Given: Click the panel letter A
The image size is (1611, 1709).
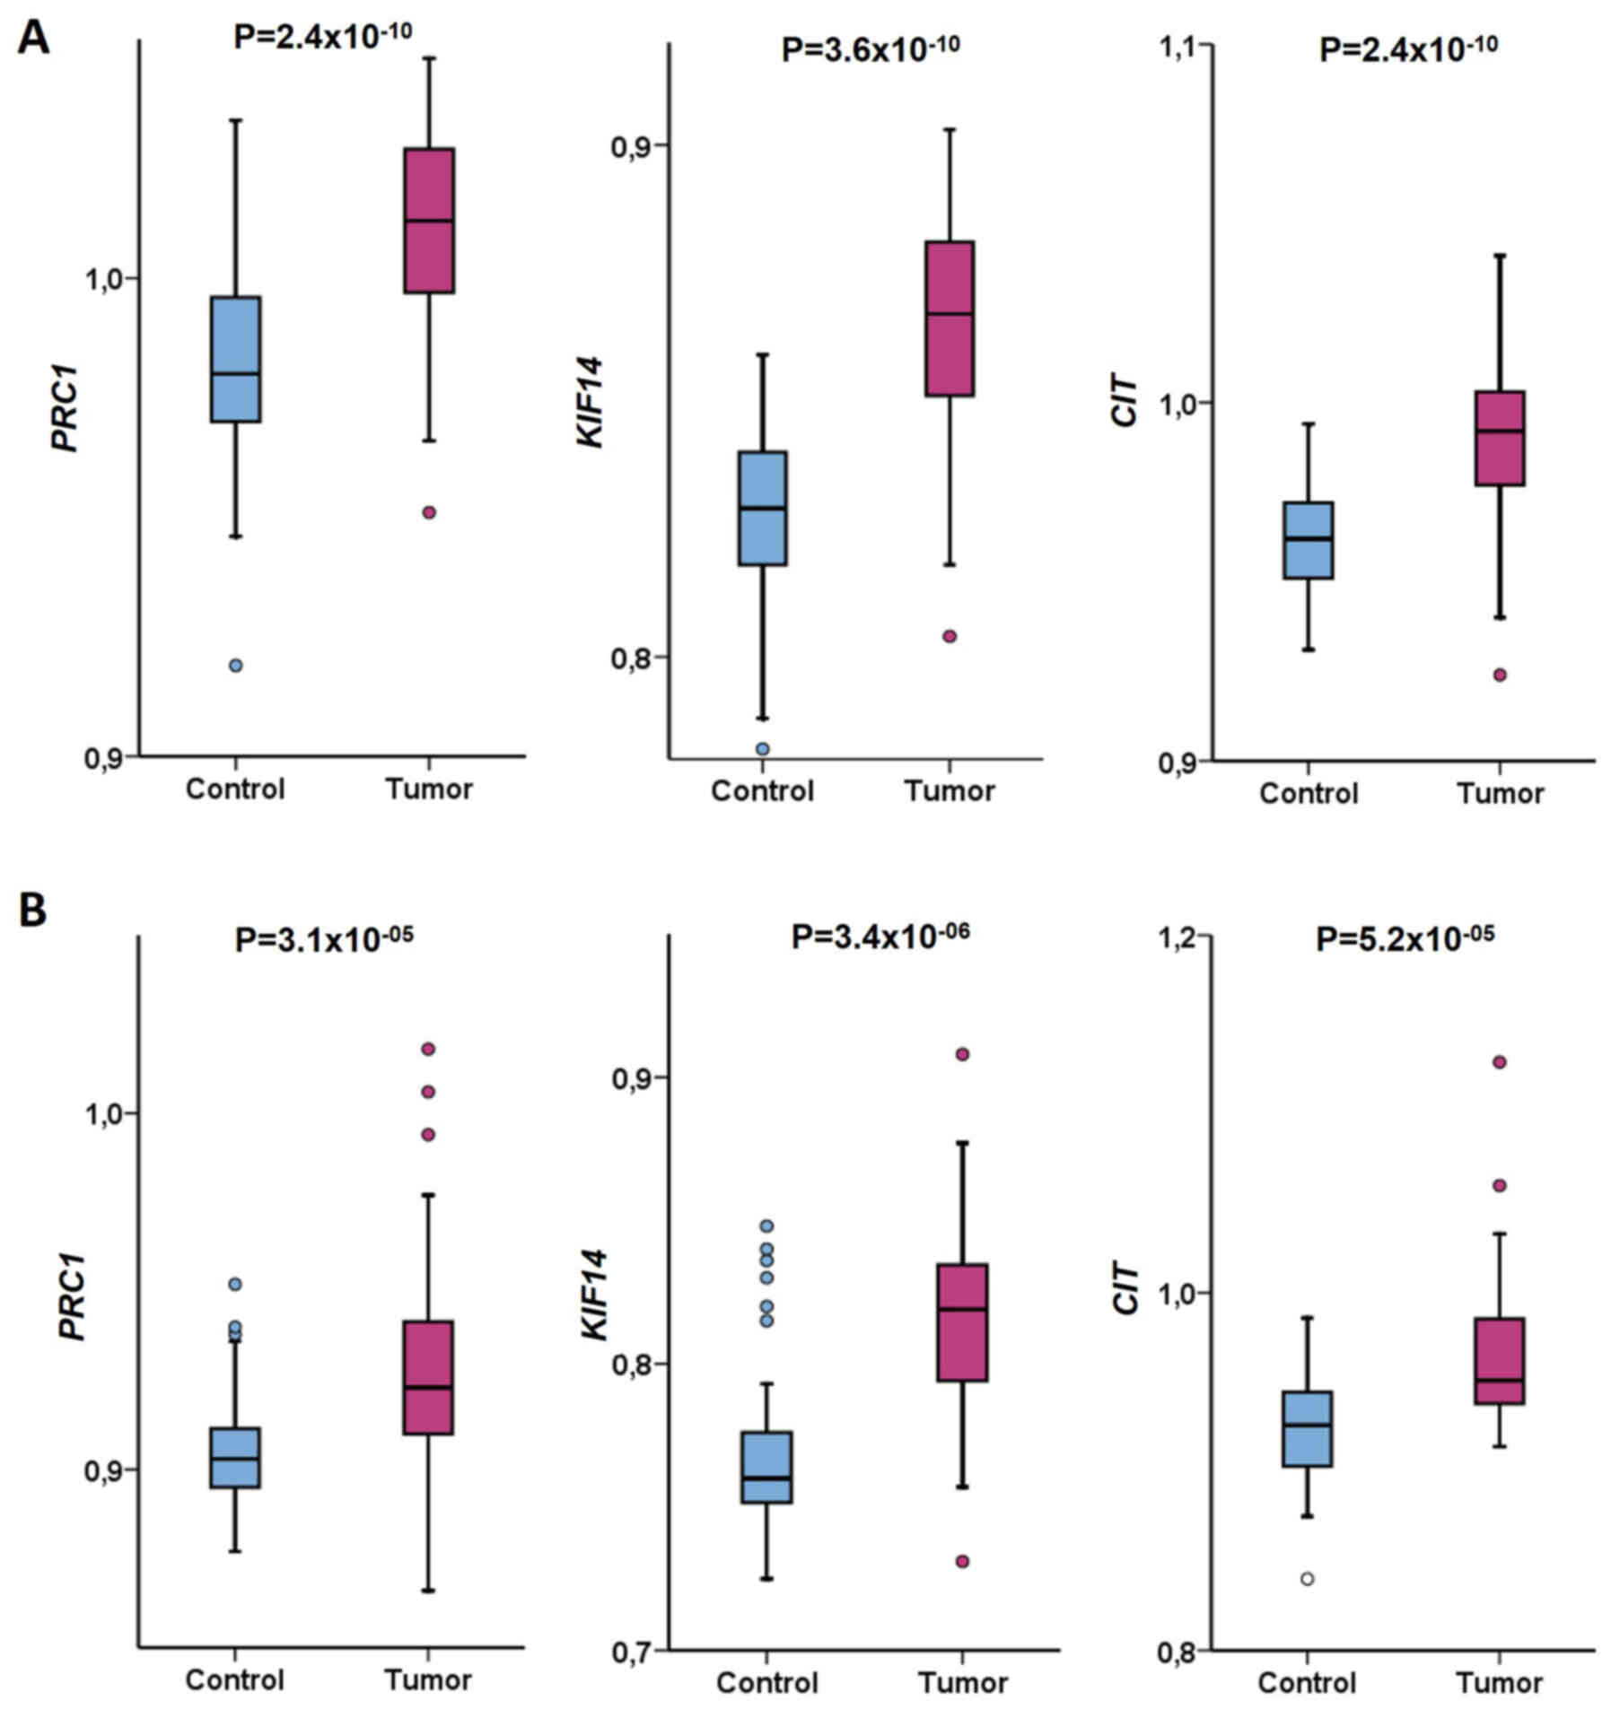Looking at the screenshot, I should point(33,38).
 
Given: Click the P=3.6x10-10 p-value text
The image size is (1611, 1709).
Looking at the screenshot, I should point(870,48).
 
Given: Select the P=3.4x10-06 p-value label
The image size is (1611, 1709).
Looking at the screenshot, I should point(880,937).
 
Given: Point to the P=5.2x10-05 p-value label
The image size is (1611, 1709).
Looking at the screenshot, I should point(1405,938).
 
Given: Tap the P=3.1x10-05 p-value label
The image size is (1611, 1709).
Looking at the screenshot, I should point(324,938).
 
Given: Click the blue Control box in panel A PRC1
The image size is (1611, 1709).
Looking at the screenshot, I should point(235,359).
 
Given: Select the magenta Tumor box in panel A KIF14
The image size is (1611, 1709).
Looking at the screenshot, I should point(950,318).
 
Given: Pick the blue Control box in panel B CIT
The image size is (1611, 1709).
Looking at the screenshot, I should point(1307,1428).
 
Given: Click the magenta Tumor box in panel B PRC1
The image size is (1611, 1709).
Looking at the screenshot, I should point(427,1377).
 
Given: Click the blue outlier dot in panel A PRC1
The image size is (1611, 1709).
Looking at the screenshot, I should point(235,666).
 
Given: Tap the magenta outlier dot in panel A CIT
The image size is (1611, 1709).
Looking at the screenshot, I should point(1500,675).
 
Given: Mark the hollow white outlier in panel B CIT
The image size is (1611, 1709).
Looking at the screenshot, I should point(1308,1579).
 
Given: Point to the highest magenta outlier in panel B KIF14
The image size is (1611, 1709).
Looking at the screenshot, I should point(962,1054).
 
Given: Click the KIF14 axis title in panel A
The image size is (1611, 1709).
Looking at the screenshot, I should point(591,401).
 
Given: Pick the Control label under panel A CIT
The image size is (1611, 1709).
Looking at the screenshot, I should point(1309,793).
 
